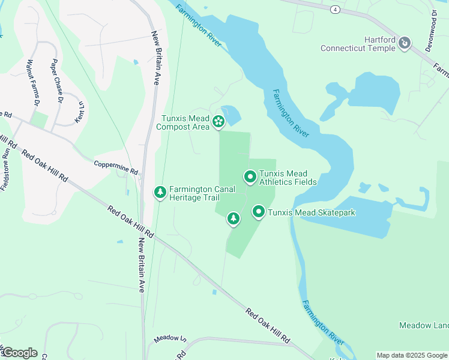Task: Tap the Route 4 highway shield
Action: pos(335,9)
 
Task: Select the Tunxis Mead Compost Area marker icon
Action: pos(218,122)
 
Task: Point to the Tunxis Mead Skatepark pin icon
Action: pos(259,212)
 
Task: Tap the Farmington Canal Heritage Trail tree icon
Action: pos(160,192)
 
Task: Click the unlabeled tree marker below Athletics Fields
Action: pos(234,219)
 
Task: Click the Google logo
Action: pos(19,353)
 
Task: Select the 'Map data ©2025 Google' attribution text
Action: pos(412,355)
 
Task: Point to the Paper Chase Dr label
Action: pos(56,80)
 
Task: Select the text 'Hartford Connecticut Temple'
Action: pos(358,44)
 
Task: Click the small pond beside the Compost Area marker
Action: pos(231,114)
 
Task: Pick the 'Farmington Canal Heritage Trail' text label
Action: pos(202,193)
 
